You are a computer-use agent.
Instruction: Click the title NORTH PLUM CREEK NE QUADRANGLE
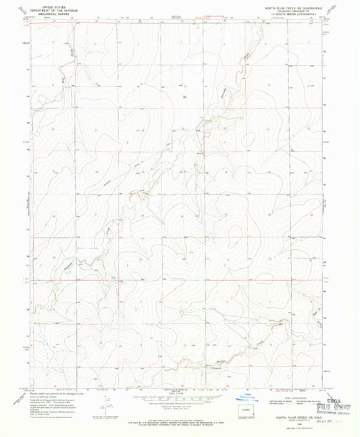point(294,5)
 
